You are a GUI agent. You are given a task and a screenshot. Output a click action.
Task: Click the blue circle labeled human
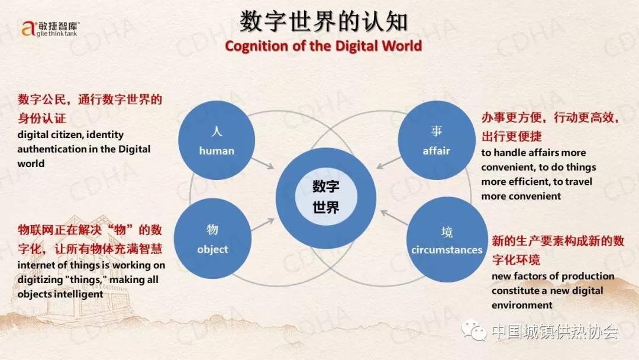click(217, 140)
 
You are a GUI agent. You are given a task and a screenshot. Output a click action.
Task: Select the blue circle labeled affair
click(437, 140)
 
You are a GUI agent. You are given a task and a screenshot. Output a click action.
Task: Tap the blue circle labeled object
click(212, 239)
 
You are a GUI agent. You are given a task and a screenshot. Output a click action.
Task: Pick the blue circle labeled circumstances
click(447, 240)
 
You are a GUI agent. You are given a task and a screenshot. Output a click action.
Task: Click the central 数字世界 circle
click(325, 198)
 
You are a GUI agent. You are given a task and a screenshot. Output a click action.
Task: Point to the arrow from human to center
click(263, 163)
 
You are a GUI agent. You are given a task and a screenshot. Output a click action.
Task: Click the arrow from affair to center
click(389, 163)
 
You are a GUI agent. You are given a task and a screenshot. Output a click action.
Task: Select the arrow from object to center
click(263, 224)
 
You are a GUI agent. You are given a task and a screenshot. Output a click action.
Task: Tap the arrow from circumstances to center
click(394, 218)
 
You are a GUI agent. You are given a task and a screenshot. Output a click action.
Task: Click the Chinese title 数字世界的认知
click(324, 21)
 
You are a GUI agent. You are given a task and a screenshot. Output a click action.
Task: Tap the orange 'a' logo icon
click(28, 28)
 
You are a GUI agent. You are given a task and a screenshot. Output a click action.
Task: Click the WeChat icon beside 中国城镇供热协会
click(474, 330)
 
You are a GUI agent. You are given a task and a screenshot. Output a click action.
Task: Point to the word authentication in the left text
click(51, 149)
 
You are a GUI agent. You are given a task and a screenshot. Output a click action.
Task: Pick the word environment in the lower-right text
click(522, 305)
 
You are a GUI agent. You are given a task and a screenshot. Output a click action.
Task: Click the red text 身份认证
click(41, 118)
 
